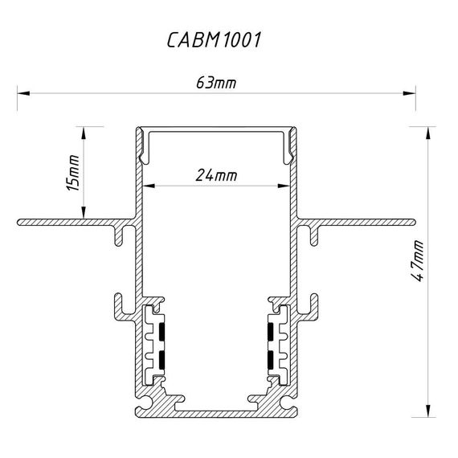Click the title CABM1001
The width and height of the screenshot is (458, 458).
214,39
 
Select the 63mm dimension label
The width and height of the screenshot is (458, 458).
216,83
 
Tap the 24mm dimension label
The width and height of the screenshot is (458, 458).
216,175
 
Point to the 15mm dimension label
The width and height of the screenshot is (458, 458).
73,173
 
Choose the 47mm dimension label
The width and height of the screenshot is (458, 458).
417,261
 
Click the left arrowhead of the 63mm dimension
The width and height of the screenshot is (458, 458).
23,93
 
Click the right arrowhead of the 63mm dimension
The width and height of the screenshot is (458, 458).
409,93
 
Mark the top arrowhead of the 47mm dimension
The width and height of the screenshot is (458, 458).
428,133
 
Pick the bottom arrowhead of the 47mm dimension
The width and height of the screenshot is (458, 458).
428,411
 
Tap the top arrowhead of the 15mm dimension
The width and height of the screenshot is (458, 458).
84,133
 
